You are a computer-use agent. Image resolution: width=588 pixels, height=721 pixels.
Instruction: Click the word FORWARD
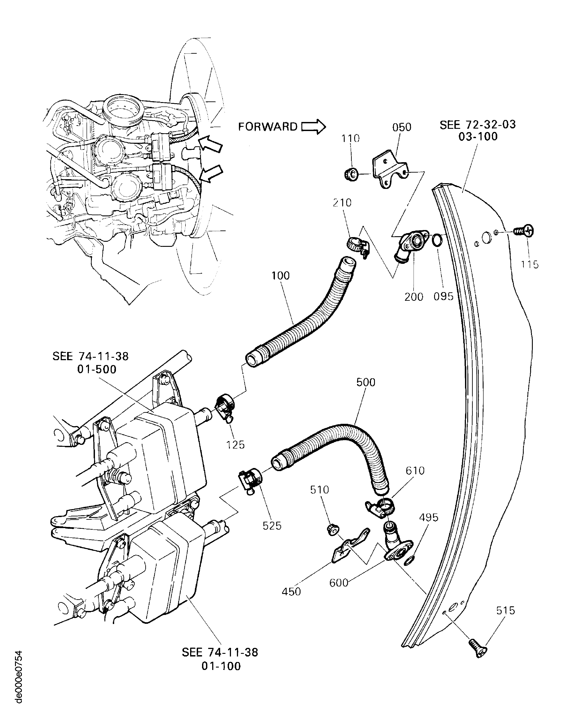click(x=268, y=127)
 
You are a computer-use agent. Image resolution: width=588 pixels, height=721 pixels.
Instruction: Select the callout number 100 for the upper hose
click(x=280, y=276)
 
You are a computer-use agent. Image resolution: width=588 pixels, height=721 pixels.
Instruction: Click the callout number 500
click(x=366, y=382)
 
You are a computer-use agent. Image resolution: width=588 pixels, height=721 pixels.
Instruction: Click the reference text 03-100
click(x=478, y=137)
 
